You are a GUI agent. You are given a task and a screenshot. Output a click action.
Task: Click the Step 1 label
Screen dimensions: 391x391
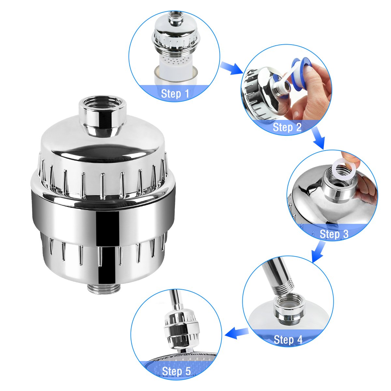click(x=175, y=94)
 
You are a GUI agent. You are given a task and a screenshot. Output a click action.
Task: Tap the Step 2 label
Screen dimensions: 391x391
click(x=287, y=127)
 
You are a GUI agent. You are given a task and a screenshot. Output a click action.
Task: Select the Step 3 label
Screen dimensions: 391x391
click(x=334, y=234)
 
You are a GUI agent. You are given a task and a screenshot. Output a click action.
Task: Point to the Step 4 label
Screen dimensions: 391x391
click(x=288, y=340)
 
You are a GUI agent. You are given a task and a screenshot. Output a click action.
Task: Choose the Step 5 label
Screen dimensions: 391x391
click(x=176, y=371)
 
